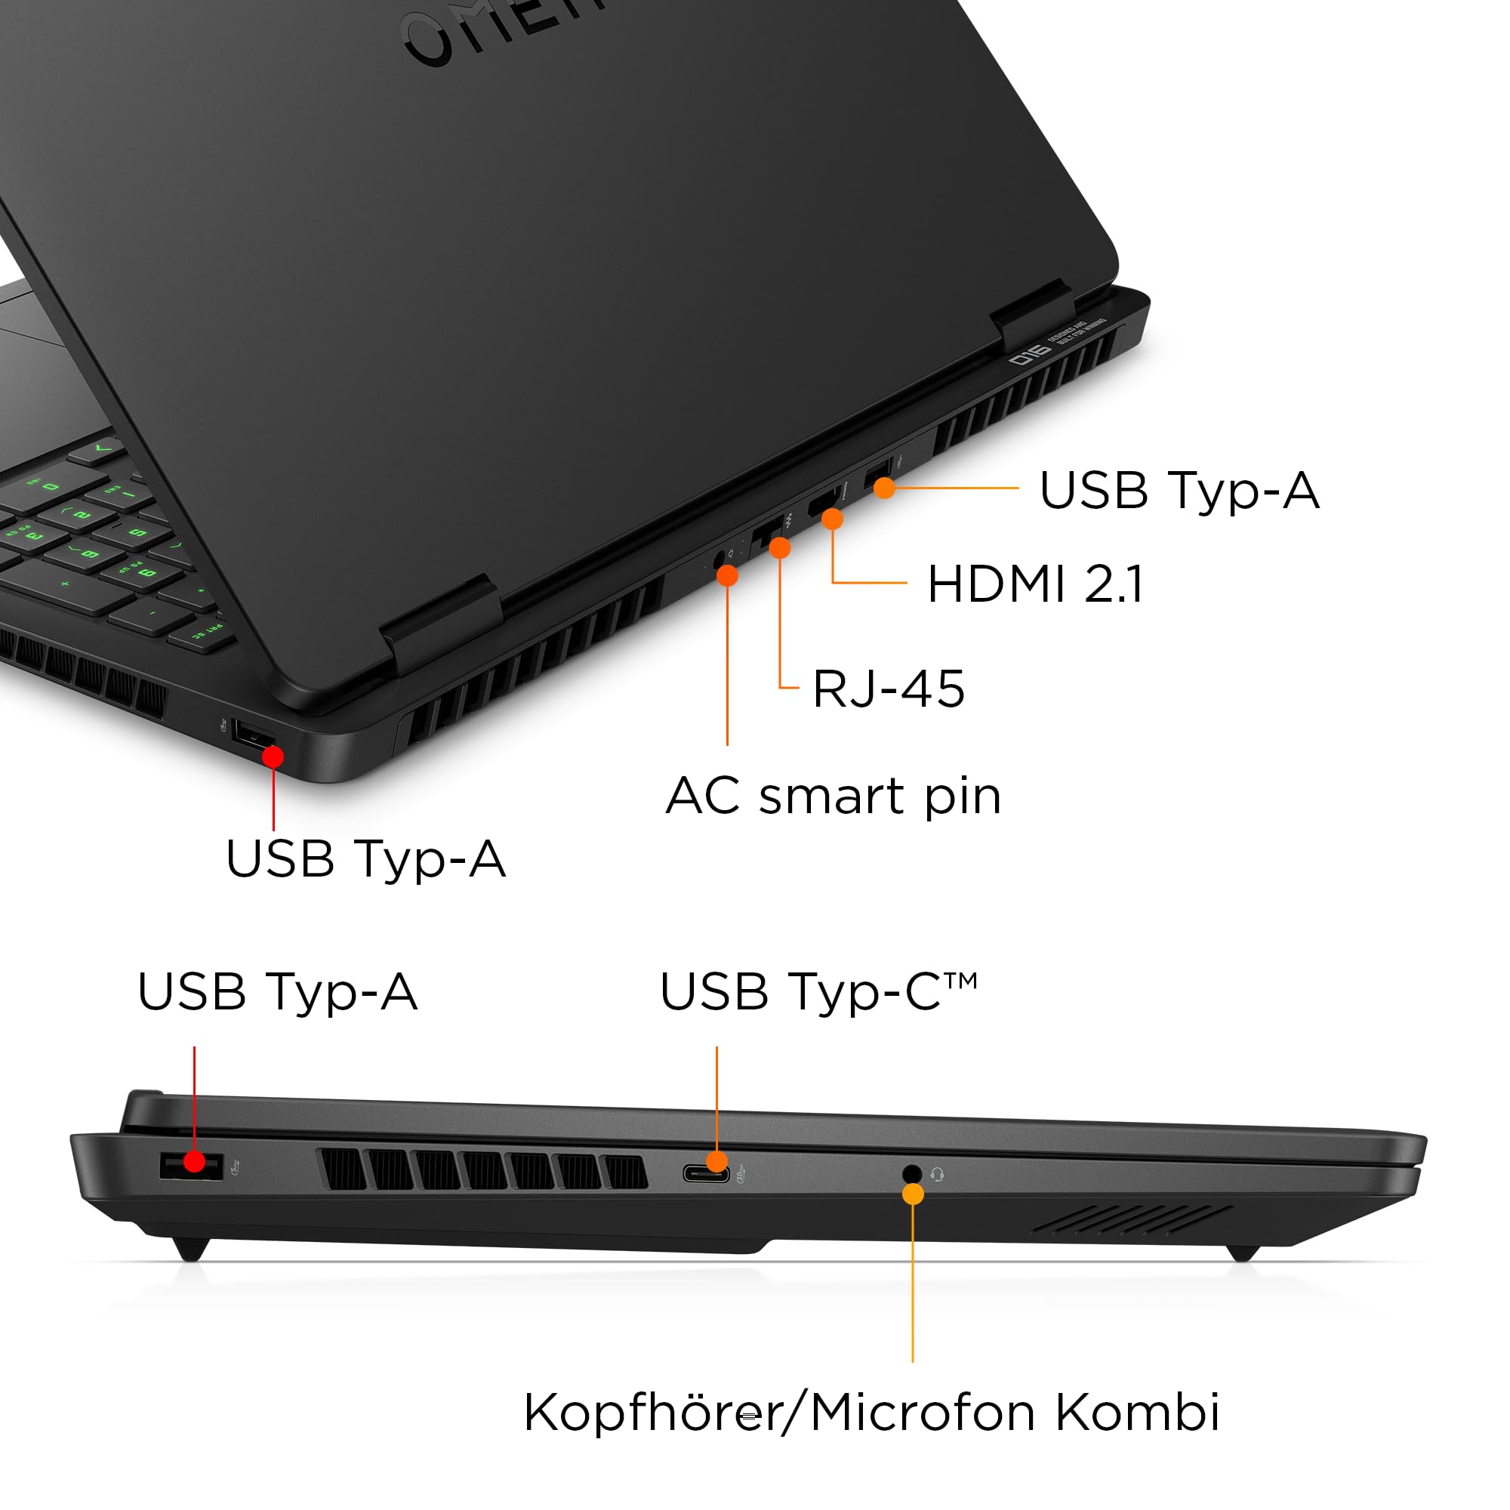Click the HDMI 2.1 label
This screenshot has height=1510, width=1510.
click(1035, 584)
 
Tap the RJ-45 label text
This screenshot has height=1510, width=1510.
click(889, 689)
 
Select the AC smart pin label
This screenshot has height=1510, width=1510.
click(834, 797)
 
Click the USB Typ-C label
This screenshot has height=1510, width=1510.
click(818, 993)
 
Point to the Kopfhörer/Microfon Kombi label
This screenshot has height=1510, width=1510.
click(871, 1413)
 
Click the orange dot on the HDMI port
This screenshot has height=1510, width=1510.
click(832, 519)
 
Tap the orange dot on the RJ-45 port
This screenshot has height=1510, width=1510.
click(779, 548)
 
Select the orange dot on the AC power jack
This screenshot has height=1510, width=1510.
click(727, 576)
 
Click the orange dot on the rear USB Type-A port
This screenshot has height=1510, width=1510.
click(884, 488)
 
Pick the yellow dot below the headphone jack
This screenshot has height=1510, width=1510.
click(912, 1194)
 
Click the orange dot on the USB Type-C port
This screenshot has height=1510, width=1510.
click(716, 1161)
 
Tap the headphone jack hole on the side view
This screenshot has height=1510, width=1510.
click(911, 1174)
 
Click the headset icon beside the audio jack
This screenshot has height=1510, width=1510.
click(938, 1175)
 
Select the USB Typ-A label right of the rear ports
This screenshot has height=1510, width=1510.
click(1179, 491)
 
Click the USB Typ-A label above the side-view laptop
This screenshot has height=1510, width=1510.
click(277, 993)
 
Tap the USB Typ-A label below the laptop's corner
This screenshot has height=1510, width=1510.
click(365, 859)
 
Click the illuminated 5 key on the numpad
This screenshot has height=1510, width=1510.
click(137, 533)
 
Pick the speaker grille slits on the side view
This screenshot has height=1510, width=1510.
click(1133, 1220)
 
